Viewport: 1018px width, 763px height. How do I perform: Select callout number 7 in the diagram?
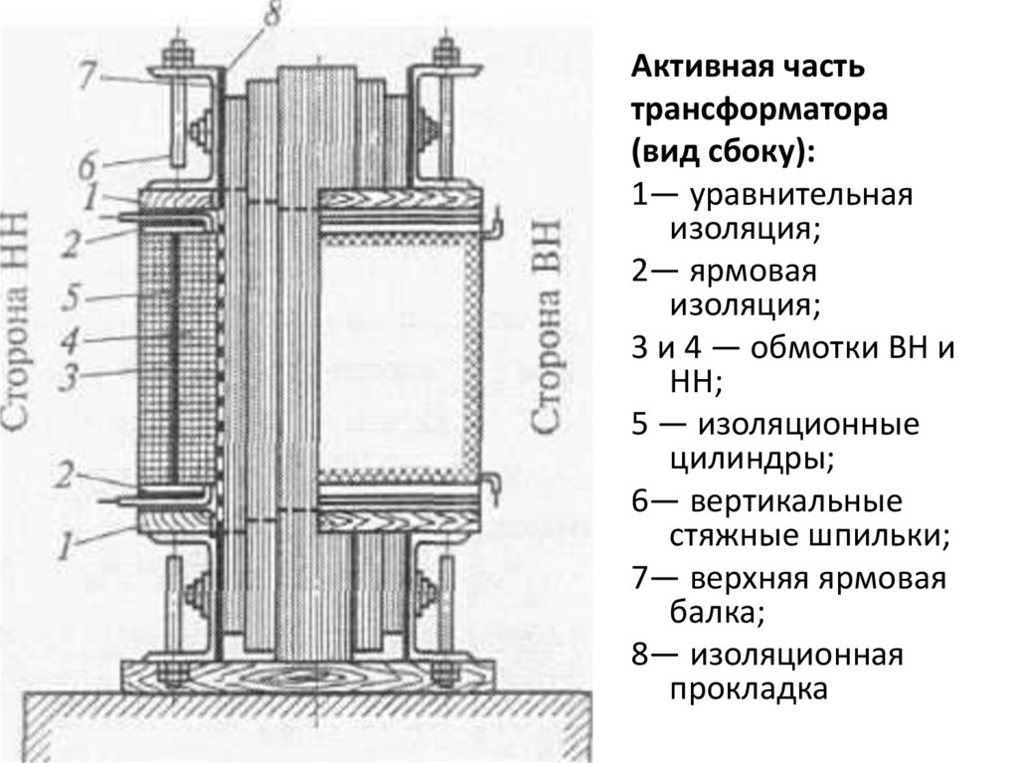click(x=88, y=72)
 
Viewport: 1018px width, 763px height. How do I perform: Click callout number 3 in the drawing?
click(x=71, y=375)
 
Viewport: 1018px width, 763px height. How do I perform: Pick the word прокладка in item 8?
click(x=748, y=689)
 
